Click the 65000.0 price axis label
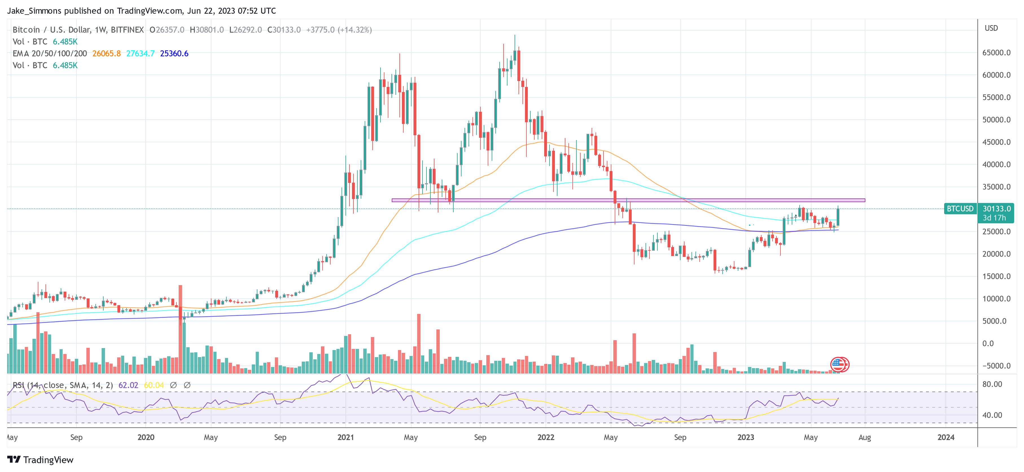click(996, 53)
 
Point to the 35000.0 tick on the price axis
click(996, 187)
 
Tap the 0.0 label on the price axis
click(988, 343)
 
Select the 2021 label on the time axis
click(345, 437)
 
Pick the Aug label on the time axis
click(864, 437)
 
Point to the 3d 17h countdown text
click(994, 218)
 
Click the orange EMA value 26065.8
click(106, 54)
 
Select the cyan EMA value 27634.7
click(140, 54)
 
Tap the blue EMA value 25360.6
click(174, 54)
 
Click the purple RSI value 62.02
click(128, 385)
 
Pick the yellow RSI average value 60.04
click(154, 385)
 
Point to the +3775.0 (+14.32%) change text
click(339, 30)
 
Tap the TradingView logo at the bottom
click(41, 460)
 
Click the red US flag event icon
click(837, 364)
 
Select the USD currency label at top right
click(991, 28)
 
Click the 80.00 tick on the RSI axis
click(992, 384)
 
